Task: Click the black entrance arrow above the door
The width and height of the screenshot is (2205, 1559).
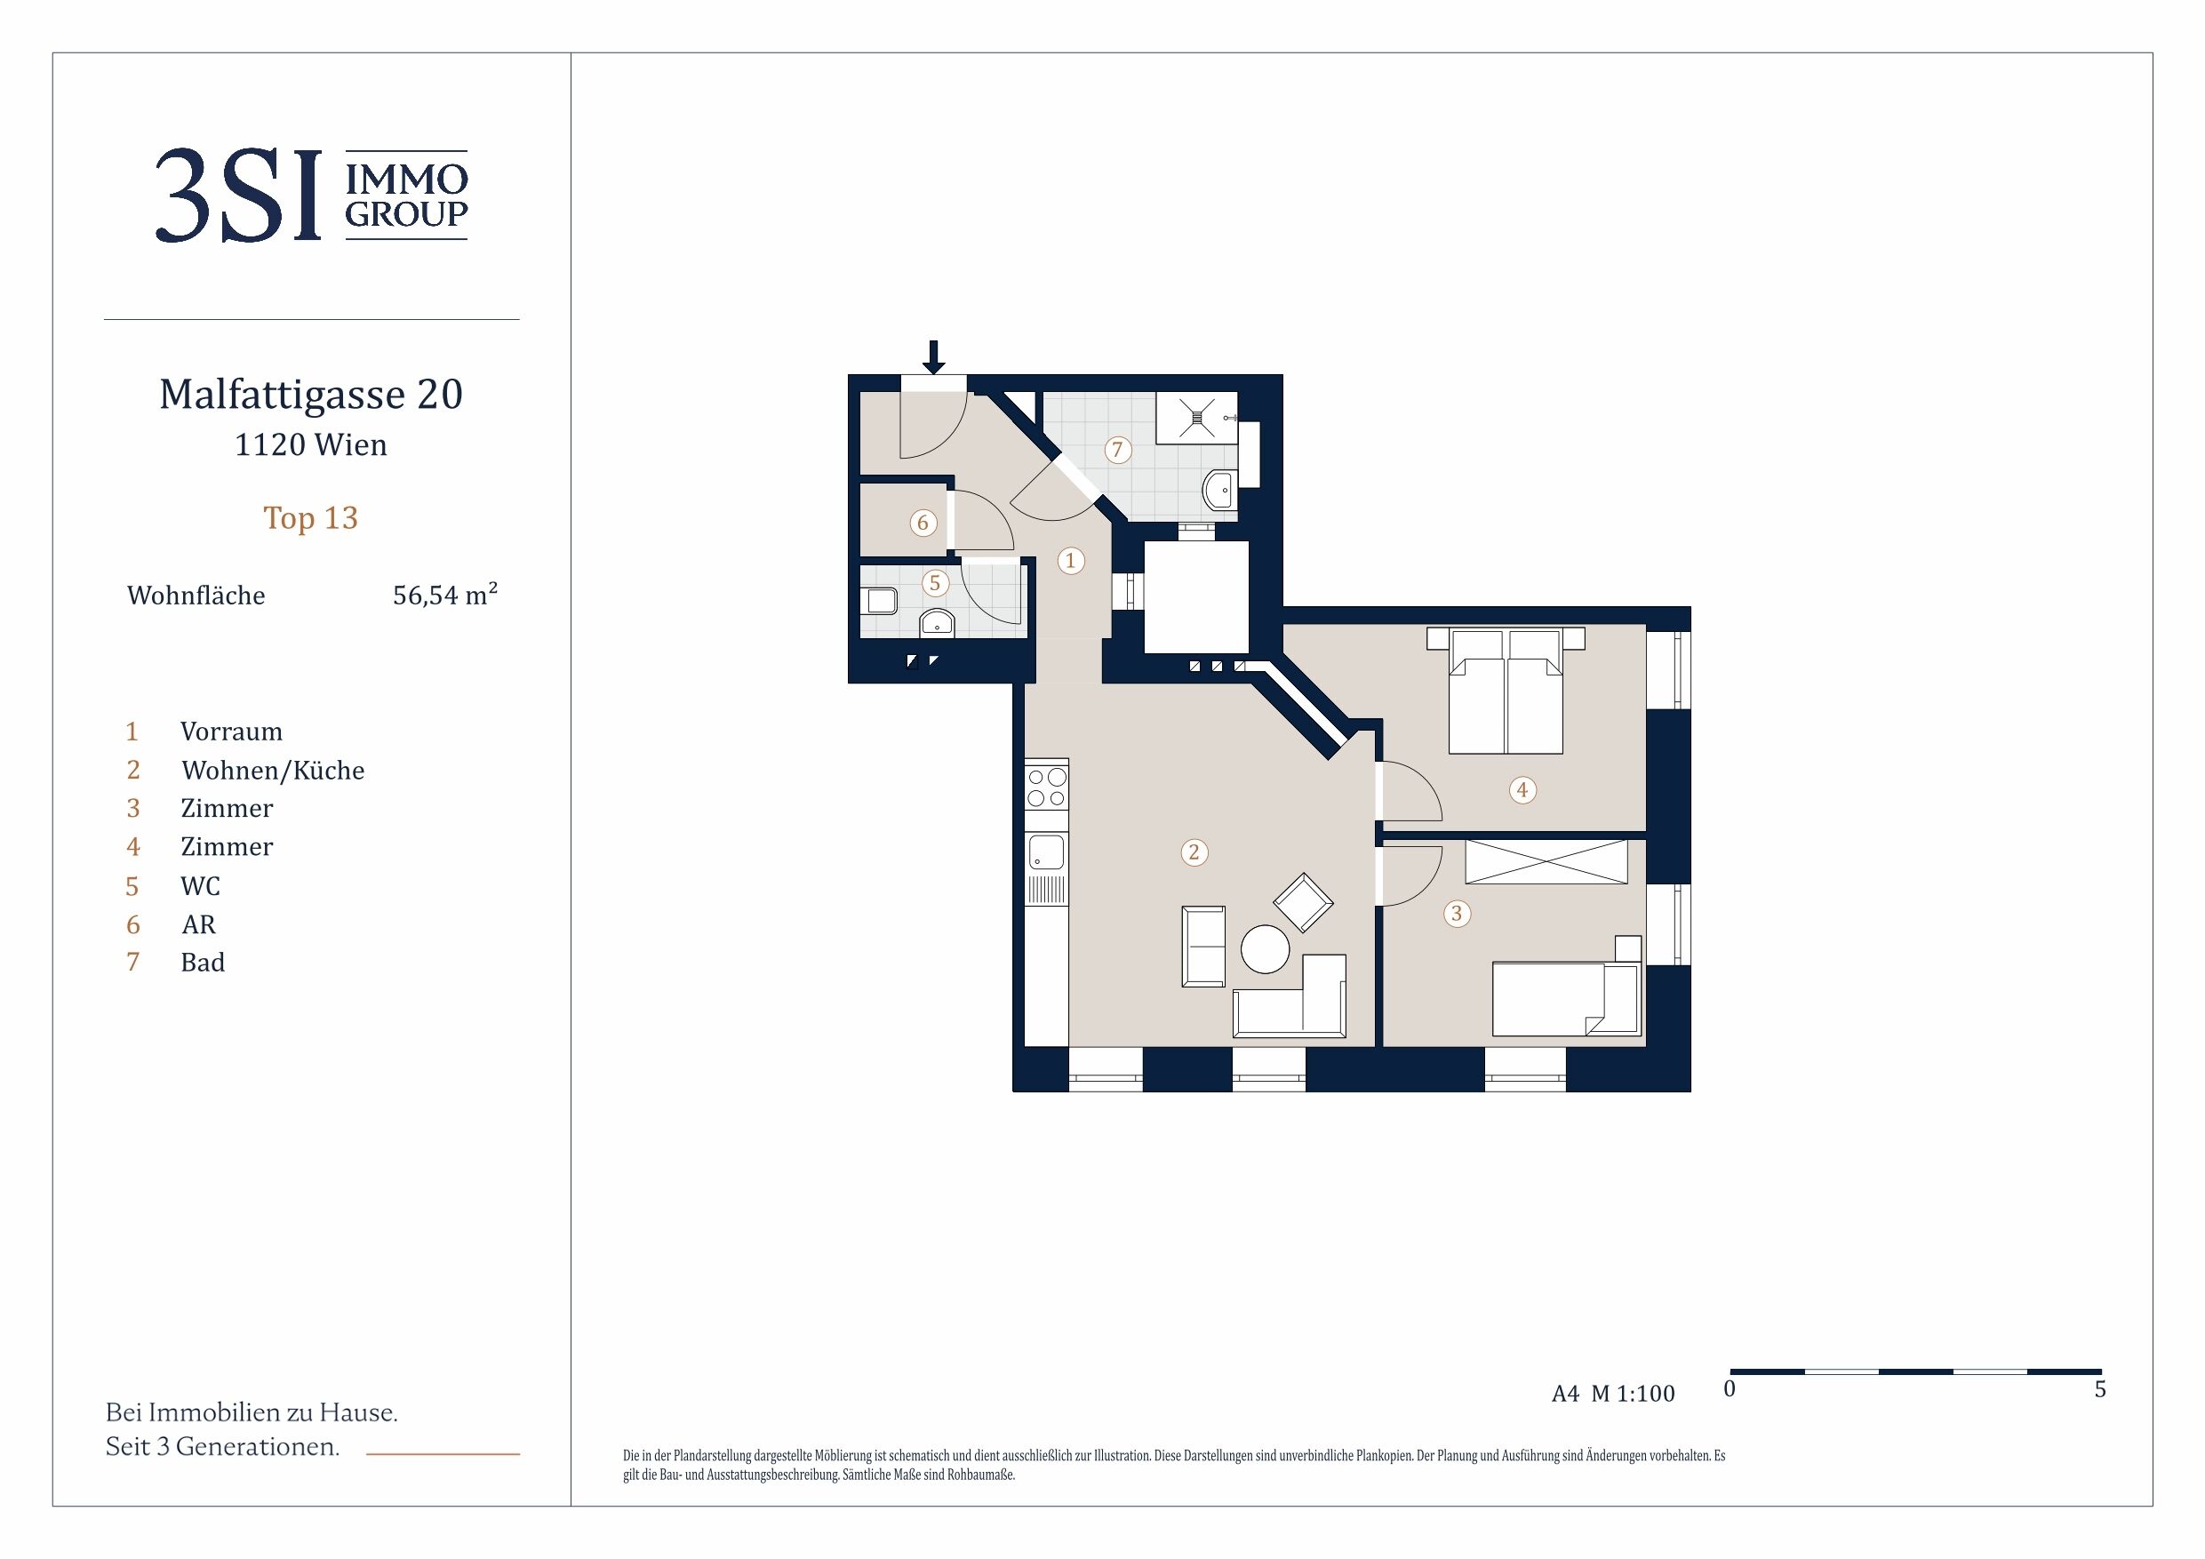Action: point(933,356)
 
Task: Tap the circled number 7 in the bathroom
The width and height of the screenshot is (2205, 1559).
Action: point(1117,449)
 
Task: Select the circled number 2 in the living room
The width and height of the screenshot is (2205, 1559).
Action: point(1194,852)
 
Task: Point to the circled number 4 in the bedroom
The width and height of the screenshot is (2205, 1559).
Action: point(1522,789)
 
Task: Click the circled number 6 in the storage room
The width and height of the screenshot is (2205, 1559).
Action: point(923,523)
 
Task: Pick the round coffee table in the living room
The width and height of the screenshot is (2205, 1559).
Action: point(1265,949)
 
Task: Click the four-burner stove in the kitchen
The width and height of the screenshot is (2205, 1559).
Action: point(1047,787)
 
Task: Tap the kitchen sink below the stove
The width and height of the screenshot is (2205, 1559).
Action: point(1047,851)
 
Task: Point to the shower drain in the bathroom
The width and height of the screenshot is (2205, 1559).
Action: point(1195,417)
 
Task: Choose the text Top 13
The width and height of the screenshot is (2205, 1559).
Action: point(311,518)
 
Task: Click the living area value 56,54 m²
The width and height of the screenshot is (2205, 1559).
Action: point(445,595)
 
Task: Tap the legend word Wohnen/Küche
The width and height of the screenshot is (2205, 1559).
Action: point(274,771)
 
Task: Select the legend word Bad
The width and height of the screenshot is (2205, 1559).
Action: point(203,963)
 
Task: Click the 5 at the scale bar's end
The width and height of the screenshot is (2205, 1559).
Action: point(2100,1389)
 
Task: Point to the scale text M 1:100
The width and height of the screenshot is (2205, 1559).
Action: point(1633,1393)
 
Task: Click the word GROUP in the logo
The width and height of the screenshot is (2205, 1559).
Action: point(406,214)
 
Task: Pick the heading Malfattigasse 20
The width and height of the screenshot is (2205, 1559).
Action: point(311,394)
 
